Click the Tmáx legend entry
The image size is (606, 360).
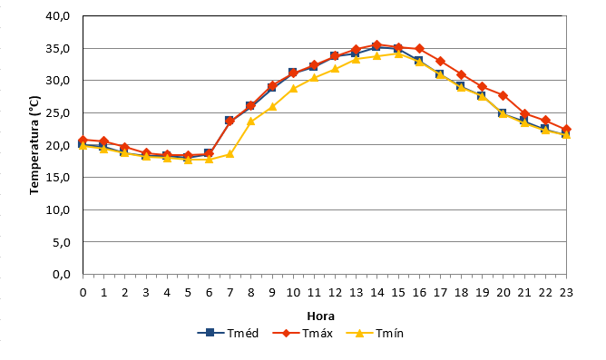click(303, 333)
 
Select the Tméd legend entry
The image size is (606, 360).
click(228, 333)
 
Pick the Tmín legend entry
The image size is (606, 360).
click(375, 333)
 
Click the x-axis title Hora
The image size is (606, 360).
click(320, 316)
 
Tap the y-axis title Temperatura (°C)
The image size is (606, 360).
click(34, 145)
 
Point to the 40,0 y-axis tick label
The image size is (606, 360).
click(58, 15)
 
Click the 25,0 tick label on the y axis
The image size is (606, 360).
click(58, 113)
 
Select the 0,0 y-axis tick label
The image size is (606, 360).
click(62, 275)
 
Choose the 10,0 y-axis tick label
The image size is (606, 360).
click(58, 210)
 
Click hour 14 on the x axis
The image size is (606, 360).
click(377, 292)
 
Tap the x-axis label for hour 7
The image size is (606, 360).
click(230, 292)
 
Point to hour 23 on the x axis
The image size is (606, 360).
click(566, 292)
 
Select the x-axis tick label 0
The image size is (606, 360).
click(83, 292)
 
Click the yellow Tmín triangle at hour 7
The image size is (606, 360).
click(230, 154)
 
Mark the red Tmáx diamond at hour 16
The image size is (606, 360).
click(419, 49)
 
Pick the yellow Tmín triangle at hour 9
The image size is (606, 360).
click(272, 106)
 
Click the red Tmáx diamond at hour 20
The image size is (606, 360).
click(503, 95)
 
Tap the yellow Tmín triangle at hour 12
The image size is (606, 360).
click(335, 69)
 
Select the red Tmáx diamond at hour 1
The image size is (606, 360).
click(104, 141)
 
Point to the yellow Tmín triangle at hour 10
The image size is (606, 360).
click(293, 88)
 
